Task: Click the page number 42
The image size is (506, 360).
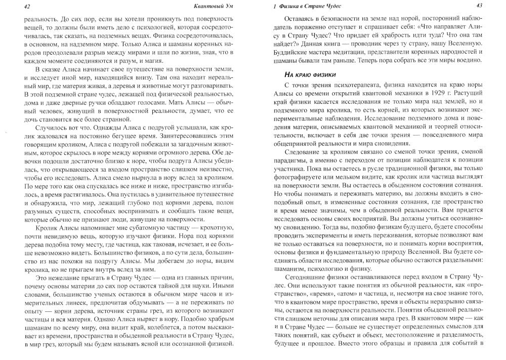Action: point(13,6)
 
